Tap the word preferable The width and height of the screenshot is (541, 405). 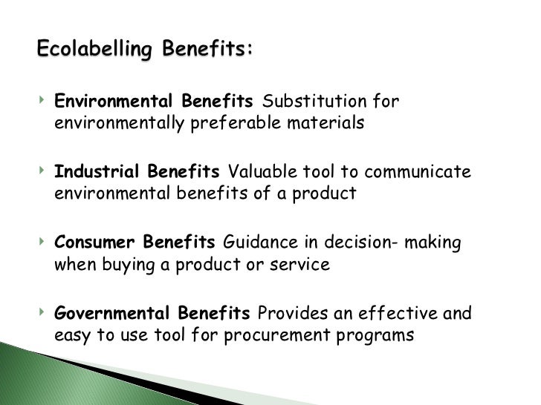[233, 123]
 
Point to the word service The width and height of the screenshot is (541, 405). [302, 265]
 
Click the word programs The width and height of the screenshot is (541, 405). [377, 335]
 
